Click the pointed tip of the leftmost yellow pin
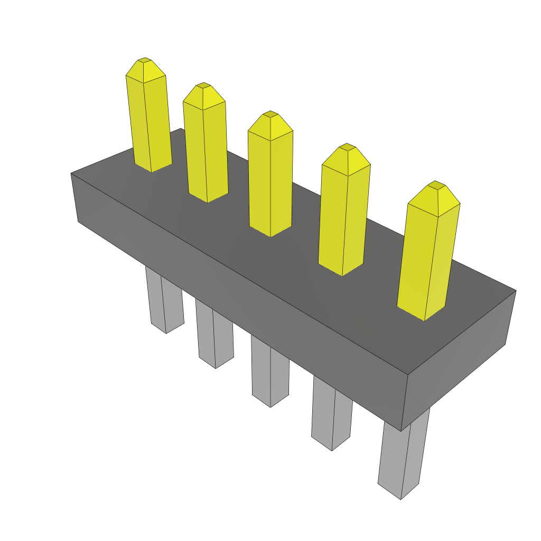[x=144, y=61]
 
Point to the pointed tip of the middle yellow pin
[x=270, y=115]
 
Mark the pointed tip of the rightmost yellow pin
[x=436, y=184]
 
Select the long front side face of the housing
[x=238, y=296]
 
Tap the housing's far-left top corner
[x=72, y=174]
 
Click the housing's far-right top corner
[x=515, y=291]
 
